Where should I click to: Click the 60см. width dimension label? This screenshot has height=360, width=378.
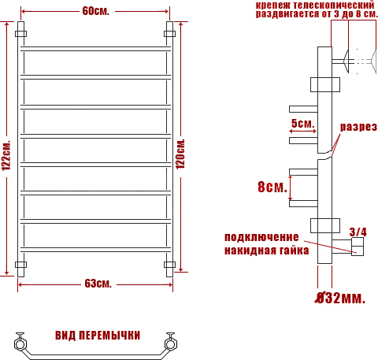(x=95, y=11)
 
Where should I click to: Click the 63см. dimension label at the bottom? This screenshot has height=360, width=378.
(x=98, y=284)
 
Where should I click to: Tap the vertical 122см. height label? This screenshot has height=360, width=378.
(x=6, y=155)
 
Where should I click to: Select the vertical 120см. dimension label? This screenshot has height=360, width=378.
(x=180, y=154)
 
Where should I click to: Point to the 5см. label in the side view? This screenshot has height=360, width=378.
(x=302, y=123)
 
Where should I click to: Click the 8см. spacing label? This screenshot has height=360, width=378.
(x=272, y=187)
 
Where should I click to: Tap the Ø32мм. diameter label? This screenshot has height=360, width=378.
(x=340, y=298)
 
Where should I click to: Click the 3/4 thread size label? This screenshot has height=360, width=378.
(x=358, y=232)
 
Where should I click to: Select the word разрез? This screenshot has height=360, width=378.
(x=358, y=127)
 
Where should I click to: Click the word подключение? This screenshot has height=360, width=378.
(x=261, y=237)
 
